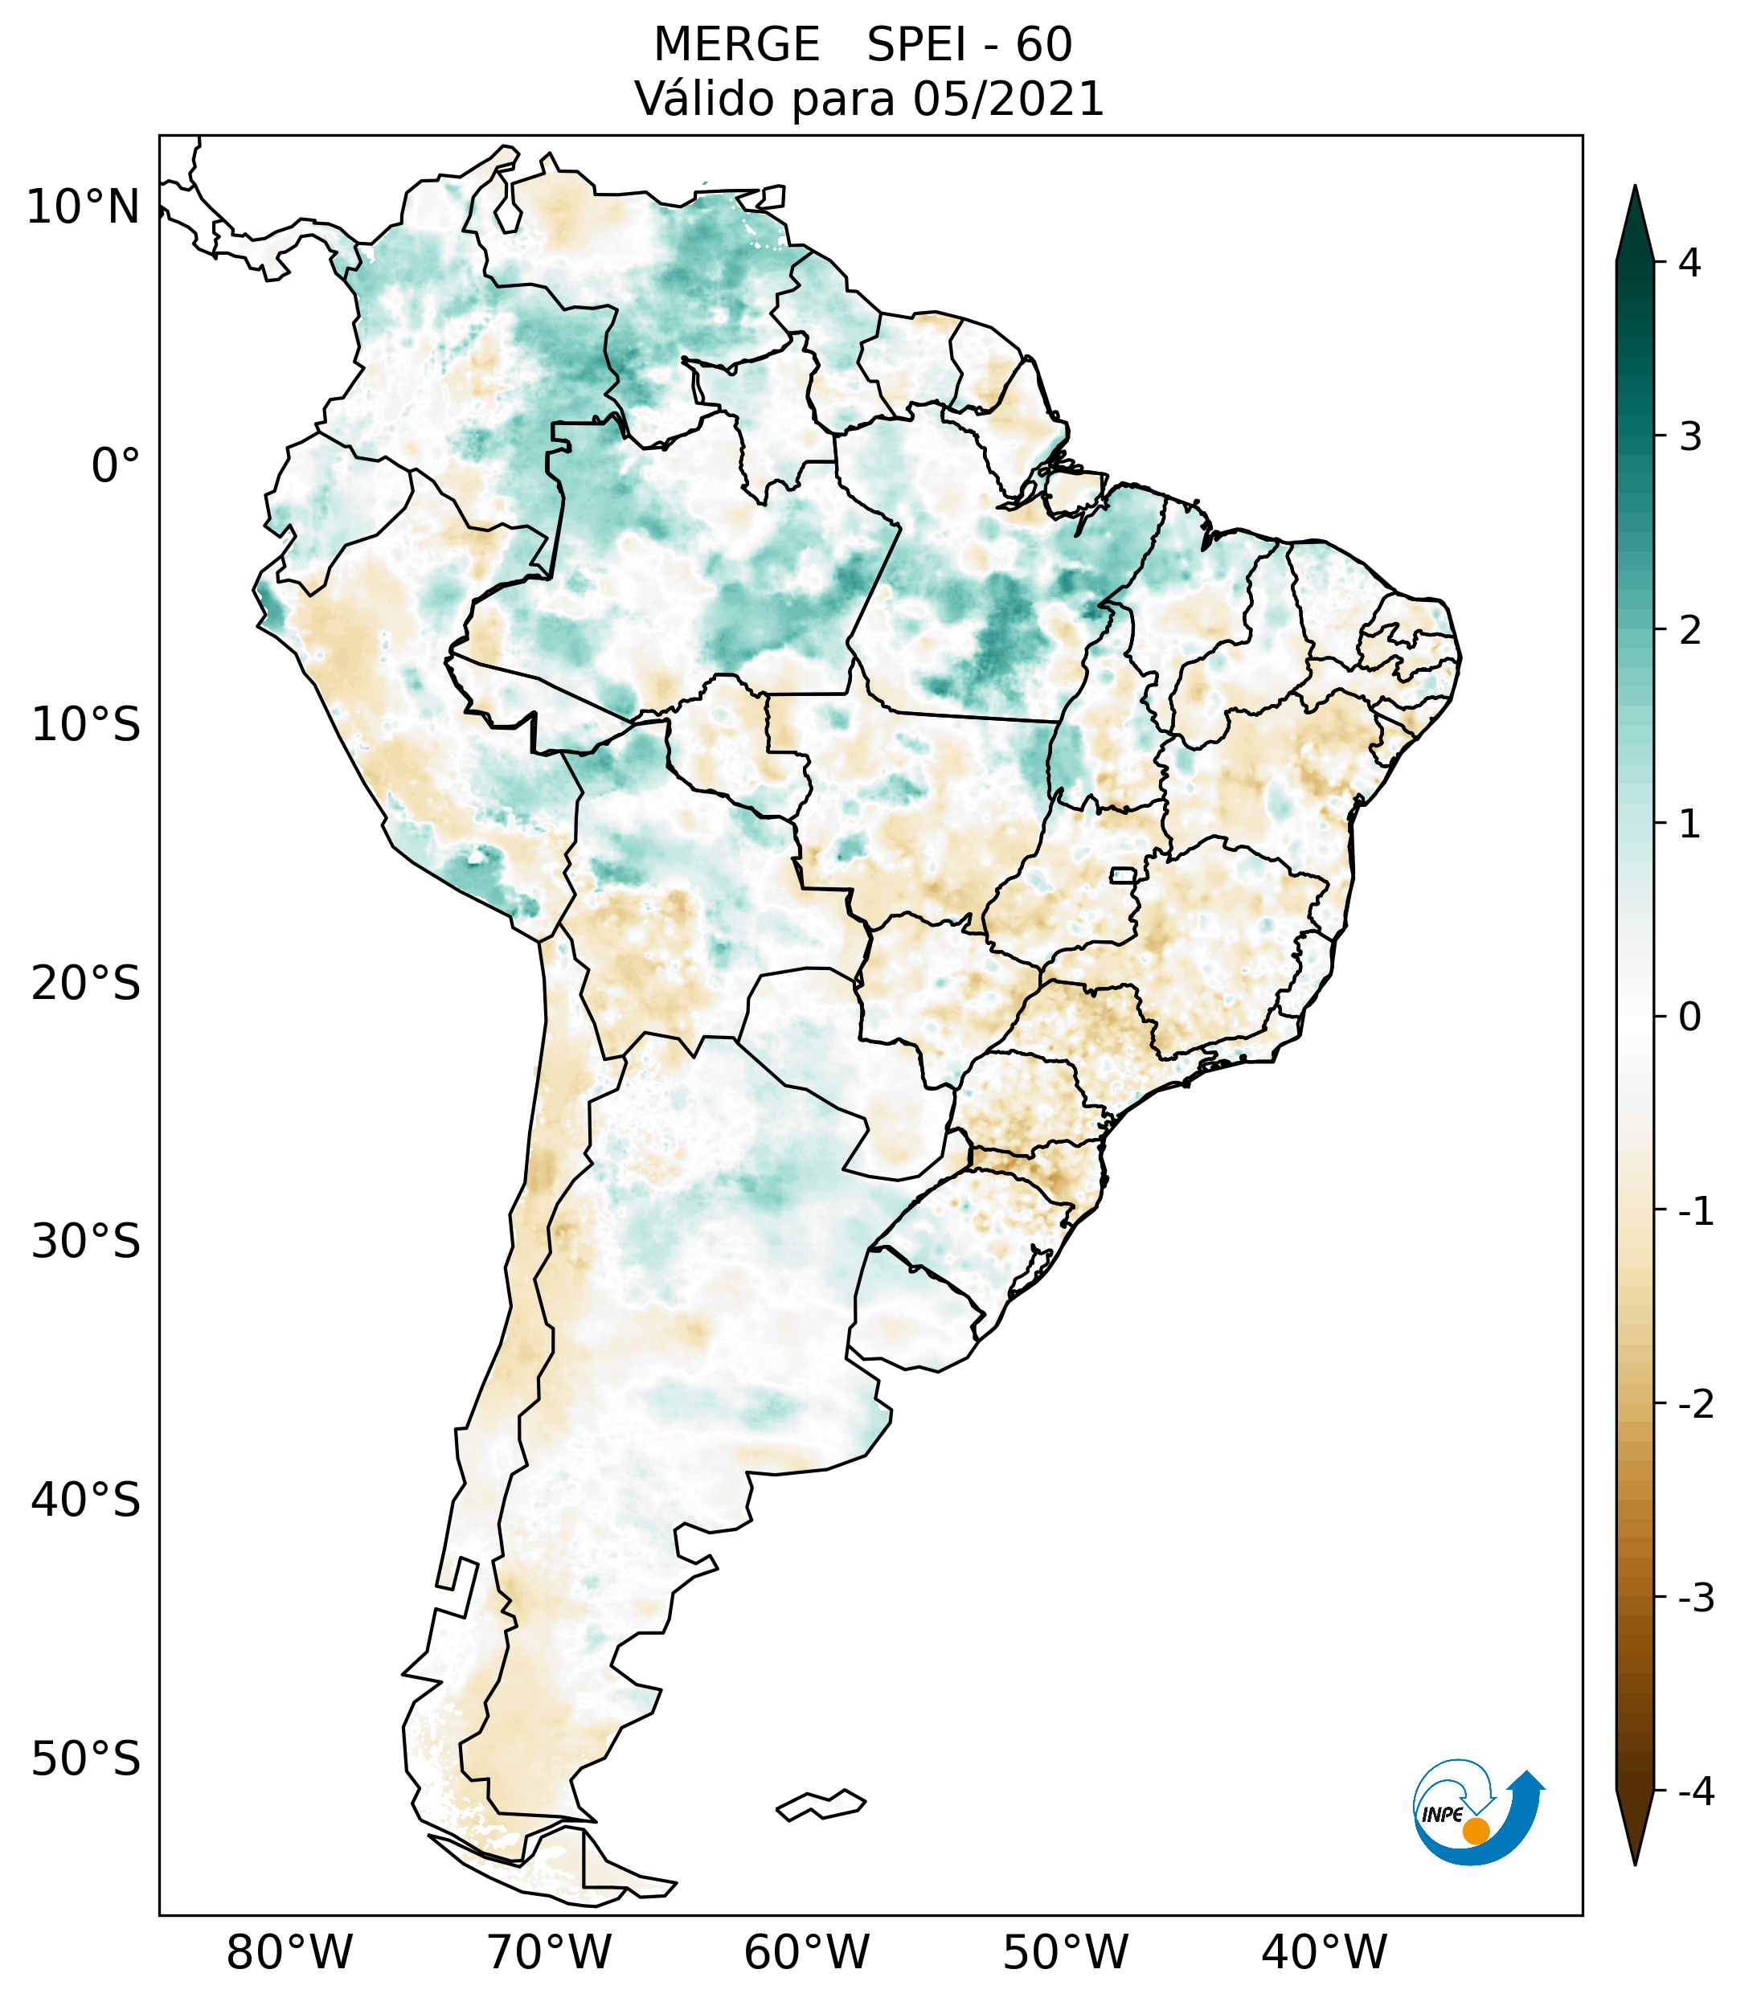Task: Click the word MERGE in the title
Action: [x=735, y=45]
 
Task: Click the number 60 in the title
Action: [x=1043, y=45]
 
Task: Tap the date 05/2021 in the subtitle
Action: [x=1008, y=99]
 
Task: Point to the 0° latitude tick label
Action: [x=116, y=466]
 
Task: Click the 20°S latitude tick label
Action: [x=86, y=984]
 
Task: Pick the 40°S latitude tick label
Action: [x=86, y=1500]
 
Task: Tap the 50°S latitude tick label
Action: [x=86, y=1760]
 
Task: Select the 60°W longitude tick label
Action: [x=806, y=1952]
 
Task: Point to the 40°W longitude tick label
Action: [x=1325, y=1952]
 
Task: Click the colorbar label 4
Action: [x=1689, y=263]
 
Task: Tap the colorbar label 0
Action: [x=1689, y=1017]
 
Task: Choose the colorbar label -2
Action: [x=1694, y=1405]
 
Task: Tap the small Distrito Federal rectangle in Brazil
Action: [x=1122, y=874]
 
